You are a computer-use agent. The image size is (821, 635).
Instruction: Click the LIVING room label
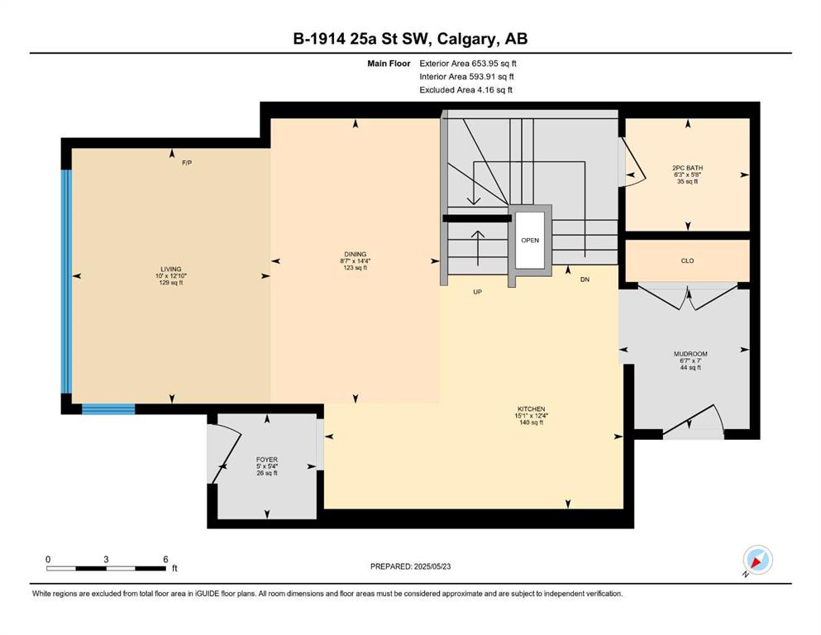tap(171, 269)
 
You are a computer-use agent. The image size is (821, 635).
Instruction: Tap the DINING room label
tap(356, 255)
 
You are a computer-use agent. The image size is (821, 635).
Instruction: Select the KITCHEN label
tap(532, 408)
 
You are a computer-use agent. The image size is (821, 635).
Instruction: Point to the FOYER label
tap(267, 460)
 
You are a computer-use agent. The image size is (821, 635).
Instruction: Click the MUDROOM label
tap(690, 354)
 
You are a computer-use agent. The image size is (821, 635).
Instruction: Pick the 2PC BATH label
tap(688, 168)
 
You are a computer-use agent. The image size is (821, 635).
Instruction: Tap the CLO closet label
tap(688, 260)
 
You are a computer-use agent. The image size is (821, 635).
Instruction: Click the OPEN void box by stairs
tap(530, 241)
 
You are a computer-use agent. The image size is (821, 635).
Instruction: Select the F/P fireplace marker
tap(187, 163)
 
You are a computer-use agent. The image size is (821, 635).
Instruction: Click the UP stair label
tap(478, 292)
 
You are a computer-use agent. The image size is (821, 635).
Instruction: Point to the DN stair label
tap(585, 279)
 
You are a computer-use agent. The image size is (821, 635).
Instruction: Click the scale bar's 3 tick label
tap(106, 559)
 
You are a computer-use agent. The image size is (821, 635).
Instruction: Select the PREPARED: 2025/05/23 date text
tap(410, 566)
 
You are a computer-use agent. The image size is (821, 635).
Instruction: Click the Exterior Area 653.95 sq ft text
tap(468, 64)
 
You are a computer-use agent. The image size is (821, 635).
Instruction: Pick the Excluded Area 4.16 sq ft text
tap(466, 89)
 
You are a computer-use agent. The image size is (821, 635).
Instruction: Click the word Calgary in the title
tap(465, 39)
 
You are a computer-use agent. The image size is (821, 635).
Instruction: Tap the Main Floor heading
tap(389, 64)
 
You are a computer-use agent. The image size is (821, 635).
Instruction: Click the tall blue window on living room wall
tap(66, 282)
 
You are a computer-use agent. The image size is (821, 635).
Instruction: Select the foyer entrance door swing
tap(225, 453)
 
